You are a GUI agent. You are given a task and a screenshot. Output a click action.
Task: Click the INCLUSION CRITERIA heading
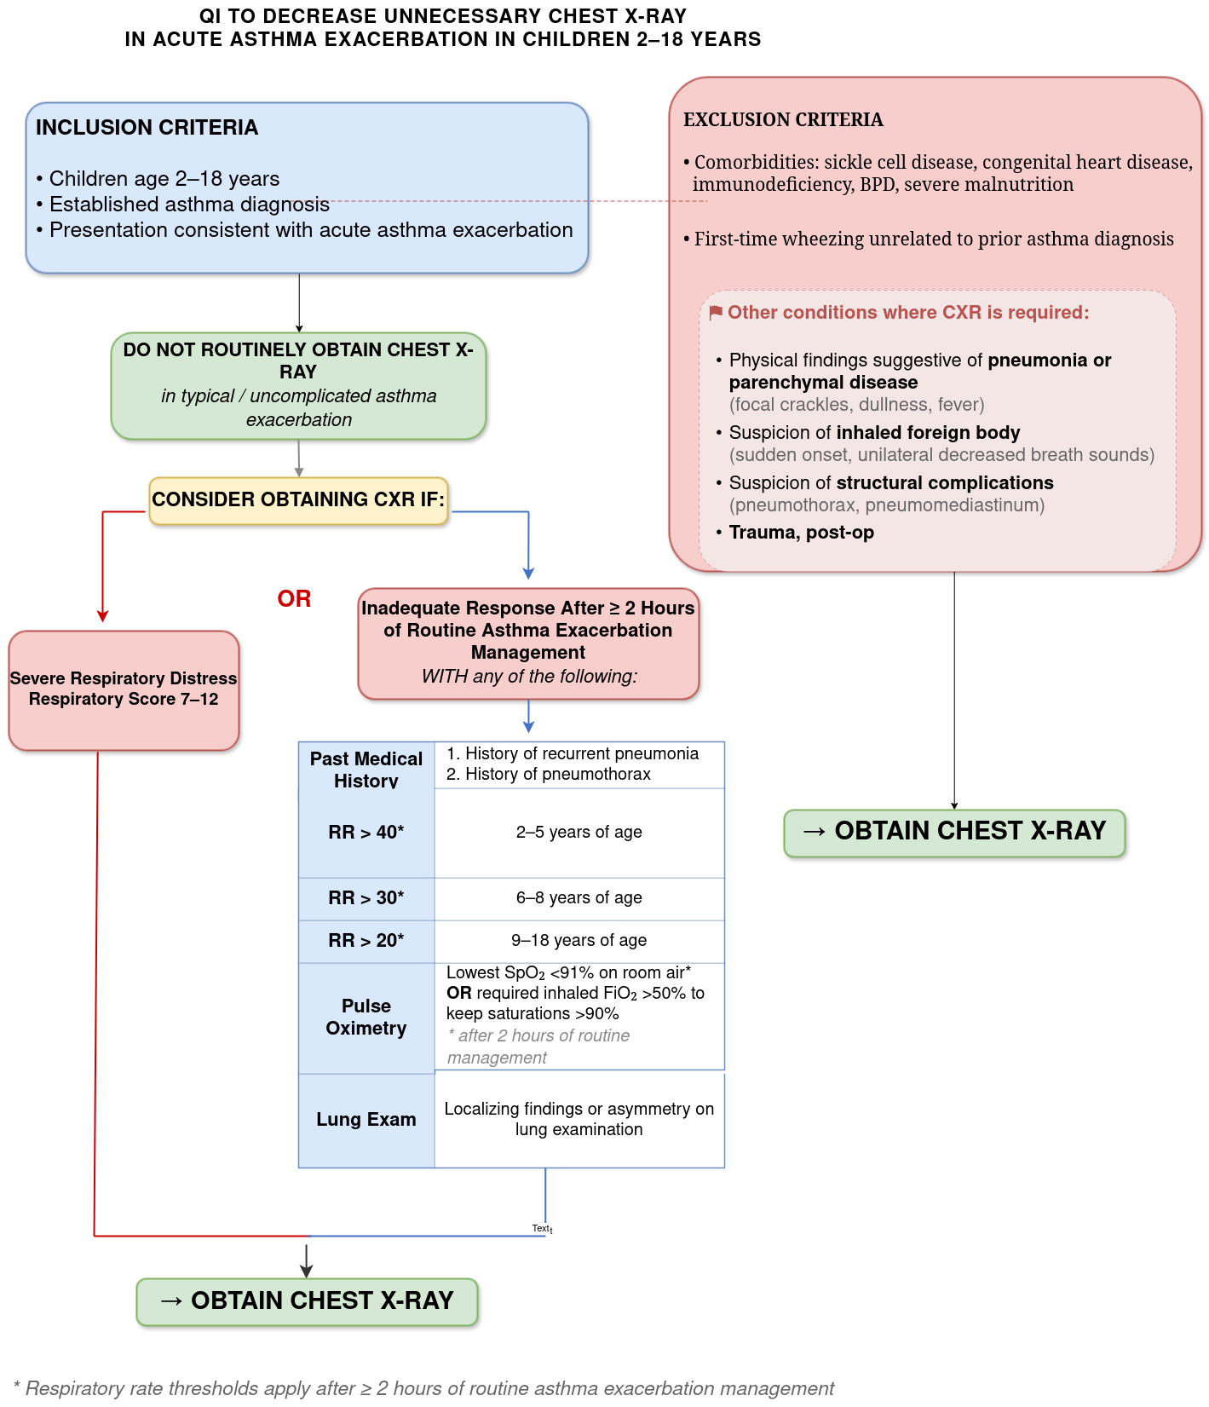(x=147, y=127)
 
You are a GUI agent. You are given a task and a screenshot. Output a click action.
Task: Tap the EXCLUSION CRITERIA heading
(x=783, y=119)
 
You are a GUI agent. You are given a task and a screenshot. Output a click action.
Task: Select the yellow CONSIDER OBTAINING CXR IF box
(x=298, y=500)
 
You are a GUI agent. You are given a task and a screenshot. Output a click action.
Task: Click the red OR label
(x=294, y=598)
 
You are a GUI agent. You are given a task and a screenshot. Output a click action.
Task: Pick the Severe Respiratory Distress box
(x=124, y=690)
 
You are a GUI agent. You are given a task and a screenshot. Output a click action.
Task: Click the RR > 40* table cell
(x=366, y=833)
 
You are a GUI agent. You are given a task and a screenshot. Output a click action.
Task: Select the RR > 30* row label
(x=366, y=898)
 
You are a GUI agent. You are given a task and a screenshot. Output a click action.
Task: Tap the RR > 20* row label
(x=366, y=941)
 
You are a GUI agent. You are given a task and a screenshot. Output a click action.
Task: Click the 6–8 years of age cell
(x=579, y=898)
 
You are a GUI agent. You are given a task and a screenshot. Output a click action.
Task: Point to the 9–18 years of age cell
(x=579, y=941)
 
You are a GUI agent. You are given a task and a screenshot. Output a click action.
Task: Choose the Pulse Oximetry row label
(x=366, y=1018)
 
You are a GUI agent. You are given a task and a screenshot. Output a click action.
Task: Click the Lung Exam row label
(x=366, y=1120)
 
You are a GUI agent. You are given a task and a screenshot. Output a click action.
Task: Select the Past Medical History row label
(x=366, y=770)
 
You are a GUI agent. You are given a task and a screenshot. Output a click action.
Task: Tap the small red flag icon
(x=716, y=313)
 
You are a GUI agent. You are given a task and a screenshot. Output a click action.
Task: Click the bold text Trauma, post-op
(x=802, y=533)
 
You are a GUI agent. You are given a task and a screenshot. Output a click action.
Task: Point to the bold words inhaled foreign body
(x=928, y=433)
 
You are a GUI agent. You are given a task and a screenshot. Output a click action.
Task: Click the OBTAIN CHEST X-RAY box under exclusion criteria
(x=954, y=833)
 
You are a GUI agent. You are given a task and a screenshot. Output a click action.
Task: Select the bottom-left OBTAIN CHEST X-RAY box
(x=307, y=1301)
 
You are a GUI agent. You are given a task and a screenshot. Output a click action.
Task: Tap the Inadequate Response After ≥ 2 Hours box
(x=528, y=643)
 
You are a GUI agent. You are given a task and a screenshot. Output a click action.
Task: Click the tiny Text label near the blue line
(x=542, y=1229)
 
